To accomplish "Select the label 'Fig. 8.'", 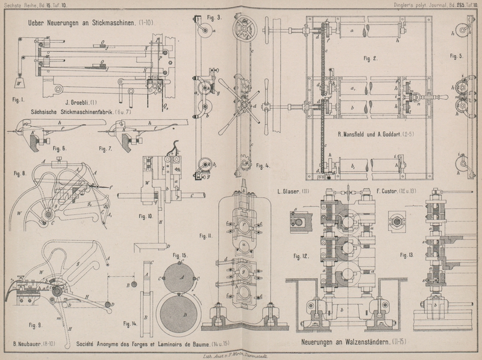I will [x=20, y=171].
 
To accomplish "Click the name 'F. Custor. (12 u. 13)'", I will [x=396, y=193].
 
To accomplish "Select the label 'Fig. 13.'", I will [x=407, y=255].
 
